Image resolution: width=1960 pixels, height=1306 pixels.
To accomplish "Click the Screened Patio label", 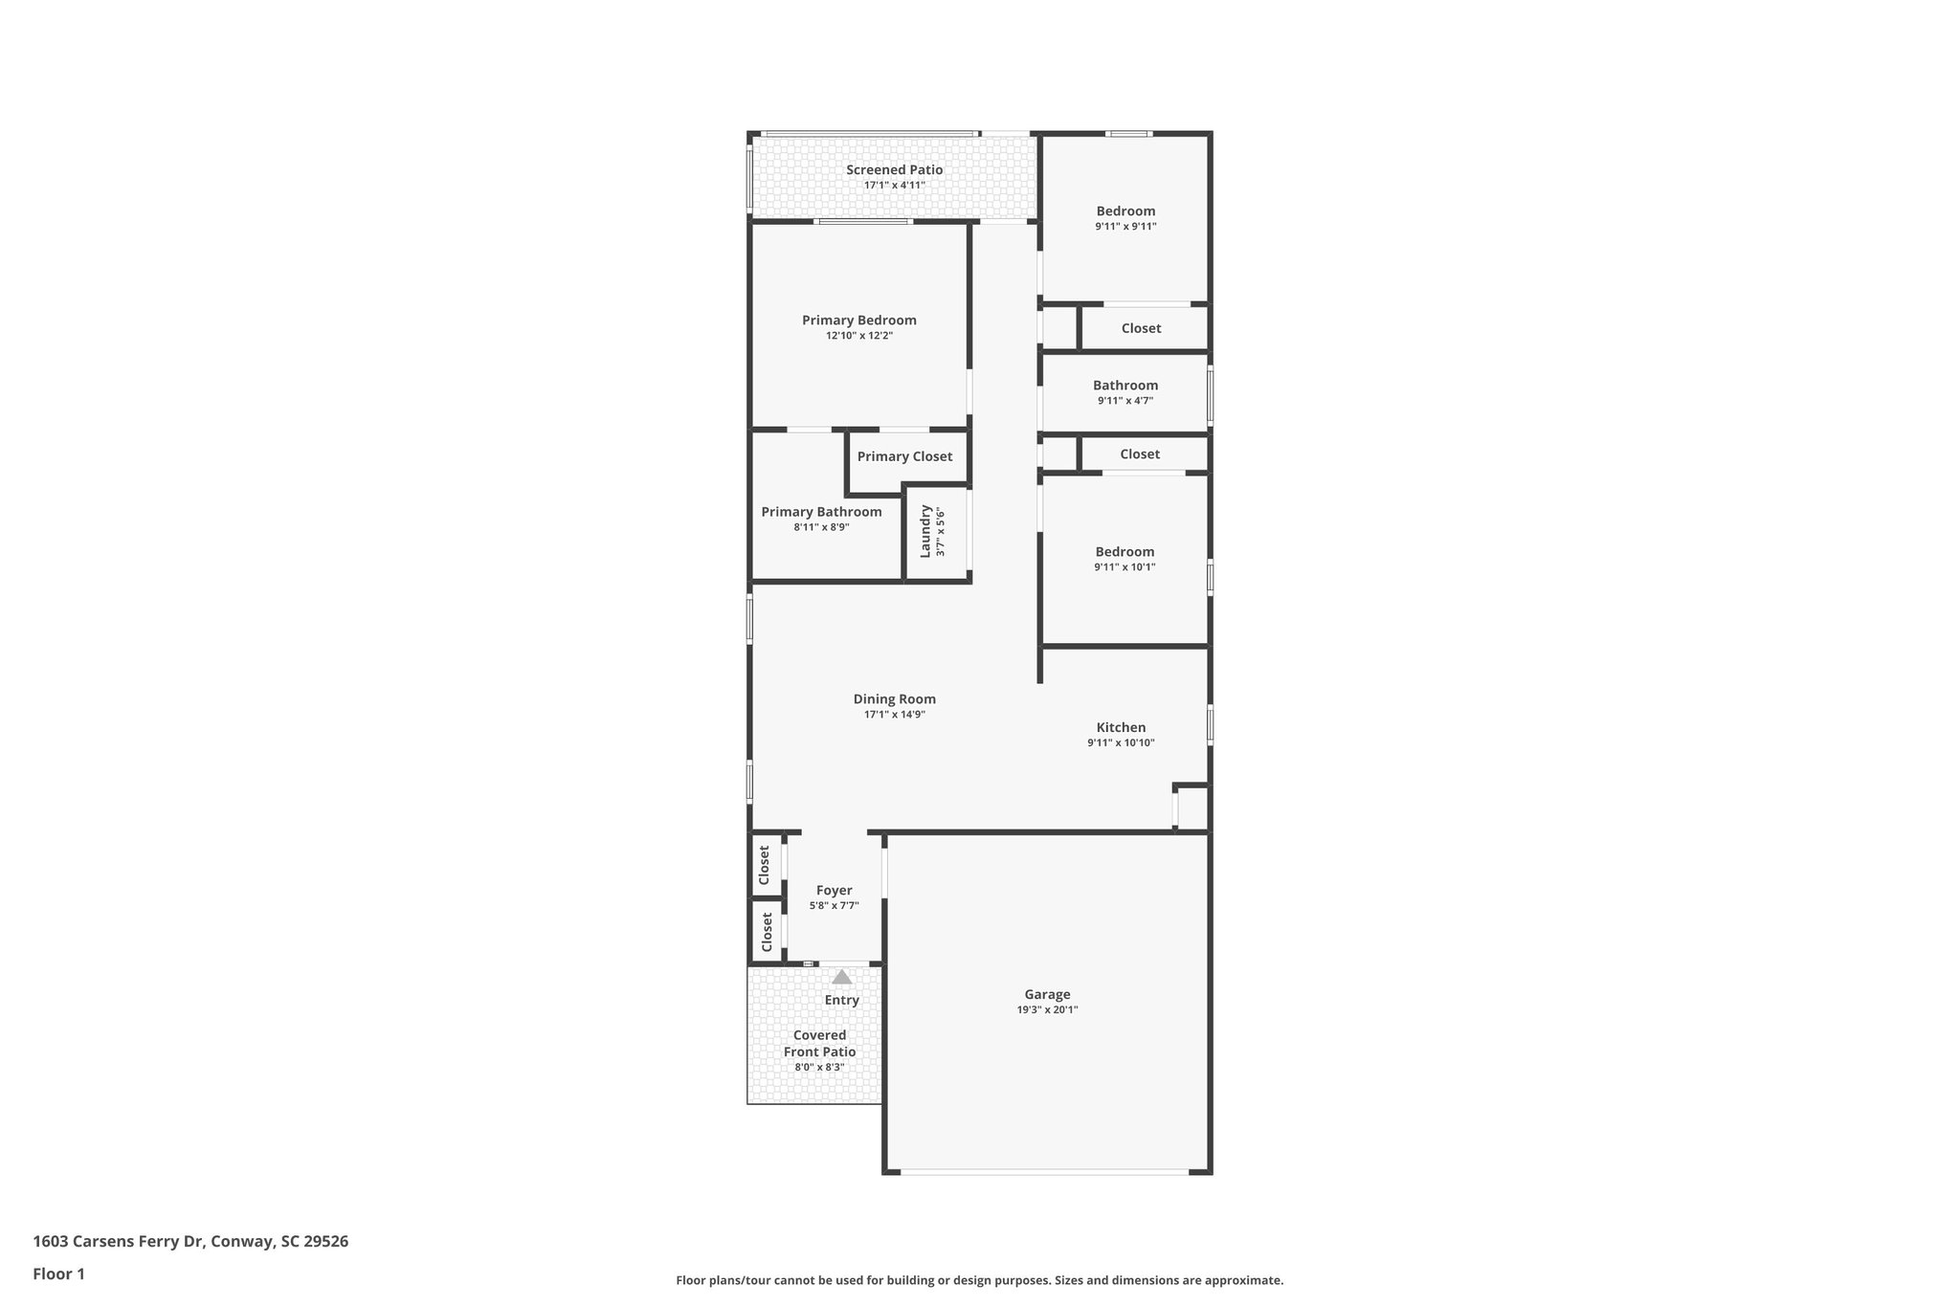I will (894, 170).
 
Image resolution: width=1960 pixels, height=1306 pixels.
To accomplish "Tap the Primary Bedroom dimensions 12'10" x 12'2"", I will (859, 336).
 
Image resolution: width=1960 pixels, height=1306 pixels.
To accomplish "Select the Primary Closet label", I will (904, 456).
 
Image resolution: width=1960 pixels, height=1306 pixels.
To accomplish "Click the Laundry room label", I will (925, 532).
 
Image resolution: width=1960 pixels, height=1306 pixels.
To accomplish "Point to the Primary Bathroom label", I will (821, 512).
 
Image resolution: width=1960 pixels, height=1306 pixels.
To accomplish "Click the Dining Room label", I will (894, 699).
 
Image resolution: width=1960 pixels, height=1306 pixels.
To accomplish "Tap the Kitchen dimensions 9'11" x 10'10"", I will (1121, 743).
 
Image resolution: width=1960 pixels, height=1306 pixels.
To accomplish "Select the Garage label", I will (1047, 995).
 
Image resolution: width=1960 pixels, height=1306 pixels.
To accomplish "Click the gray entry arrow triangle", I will (841, 977).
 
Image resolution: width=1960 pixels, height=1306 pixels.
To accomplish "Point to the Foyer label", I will (834, 891).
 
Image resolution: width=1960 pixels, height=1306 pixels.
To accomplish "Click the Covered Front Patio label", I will (819, 1044).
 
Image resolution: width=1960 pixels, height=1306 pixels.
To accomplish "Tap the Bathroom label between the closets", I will (1125, 386).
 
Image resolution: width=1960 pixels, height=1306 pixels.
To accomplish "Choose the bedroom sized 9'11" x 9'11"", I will (1125, 211).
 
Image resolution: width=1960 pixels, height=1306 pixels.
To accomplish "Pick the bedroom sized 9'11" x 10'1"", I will (1125, 552).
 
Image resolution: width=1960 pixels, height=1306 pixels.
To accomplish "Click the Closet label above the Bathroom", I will (1141, 328).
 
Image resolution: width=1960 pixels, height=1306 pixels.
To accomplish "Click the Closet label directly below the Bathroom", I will (1139, 454).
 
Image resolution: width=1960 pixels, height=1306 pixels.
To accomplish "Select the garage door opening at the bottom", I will (1045, 1171).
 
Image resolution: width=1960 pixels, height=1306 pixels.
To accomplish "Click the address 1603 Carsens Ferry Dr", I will (190, 1242).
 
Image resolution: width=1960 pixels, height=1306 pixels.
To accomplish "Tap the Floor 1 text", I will (59, 1274).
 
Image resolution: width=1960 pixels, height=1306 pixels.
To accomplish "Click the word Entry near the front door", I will (841, 1001).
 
